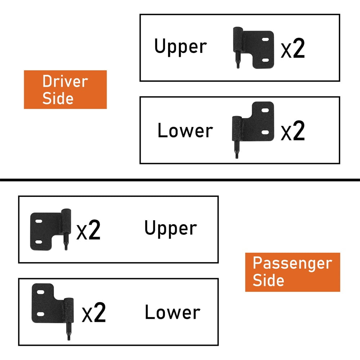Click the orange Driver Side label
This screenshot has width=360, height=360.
[x=65, y=90]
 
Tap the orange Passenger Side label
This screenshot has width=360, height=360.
[x=292, y=272]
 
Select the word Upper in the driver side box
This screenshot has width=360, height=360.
[x=180, y=47]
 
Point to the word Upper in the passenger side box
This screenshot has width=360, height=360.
[x=171, y=229]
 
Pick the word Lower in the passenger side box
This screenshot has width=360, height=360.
[x=172, y=312]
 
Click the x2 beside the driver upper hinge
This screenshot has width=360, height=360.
[x=293, y=50]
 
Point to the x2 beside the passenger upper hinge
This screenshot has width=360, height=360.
[x=88, y=231]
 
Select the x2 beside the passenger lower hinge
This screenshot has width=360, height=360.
[x=94, y=313]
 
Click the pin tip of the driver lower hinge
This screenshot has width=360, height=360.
[x=237, y=156]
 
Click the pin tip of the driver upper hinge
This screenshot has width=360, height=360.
[x=238, y=67]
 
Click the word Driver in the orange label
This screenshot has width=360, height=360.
[x=65, y=81]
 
